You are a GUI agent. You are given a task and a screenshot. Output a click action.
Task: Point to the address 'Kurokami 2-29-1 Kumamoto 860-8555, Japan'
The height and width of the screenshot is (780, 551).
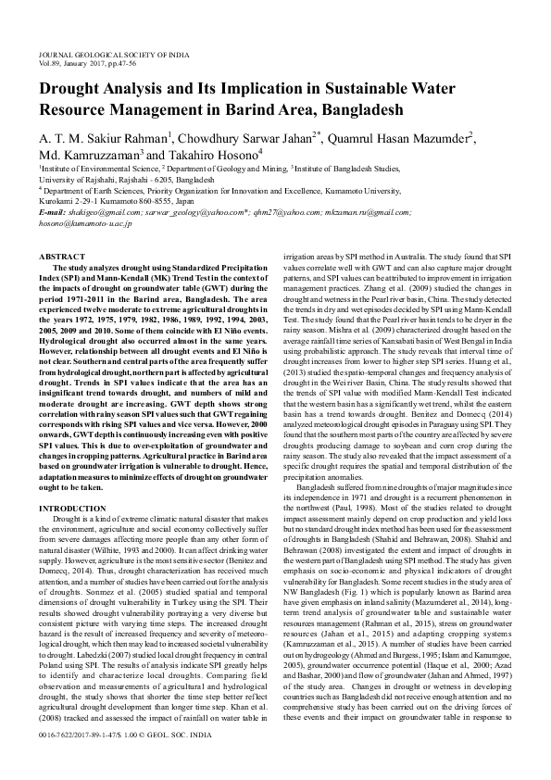pos(114,199)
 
